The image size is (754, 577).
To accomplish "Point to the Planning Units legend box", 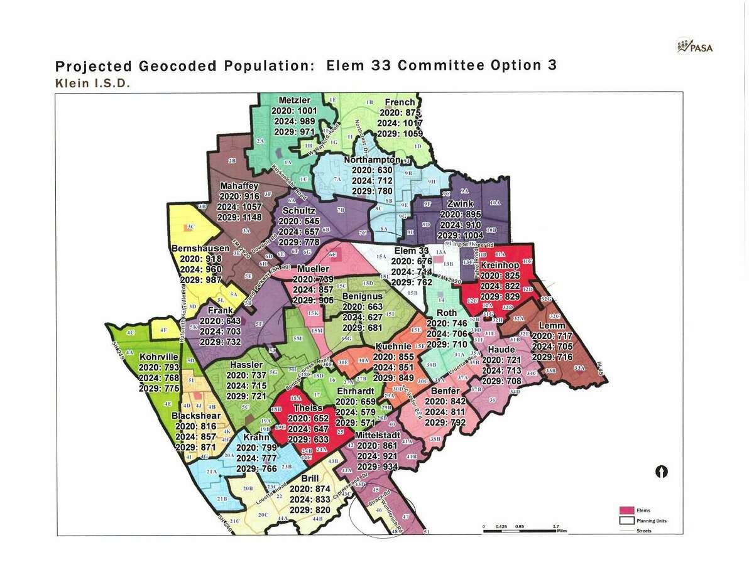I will point(626,520).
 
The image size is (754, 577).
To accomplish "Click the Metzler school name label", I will point(294,100).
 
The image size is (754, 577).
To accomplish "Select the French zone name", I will point(400,102).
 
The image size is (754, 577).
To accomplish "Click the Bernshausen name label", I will point(200,249).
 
